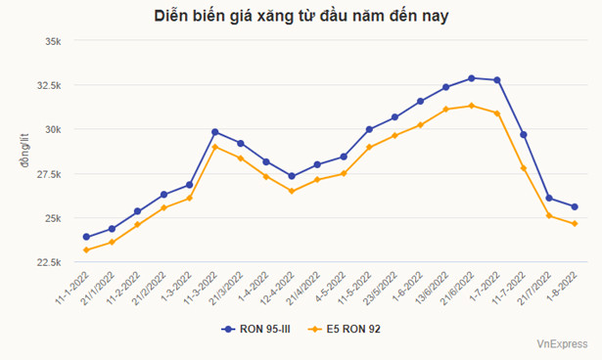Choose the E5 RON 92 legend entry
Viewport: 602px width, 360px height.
(344, 329)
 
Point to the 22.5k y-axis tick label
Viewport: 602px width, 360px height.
(48, 262)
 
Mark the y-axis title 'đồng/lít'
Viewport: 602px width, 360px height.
(23, 152)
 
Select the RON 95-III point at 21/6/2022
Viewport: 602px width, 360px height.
(472, 78)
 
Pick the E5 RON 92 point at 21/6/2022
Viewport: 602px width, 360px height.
(472, 106)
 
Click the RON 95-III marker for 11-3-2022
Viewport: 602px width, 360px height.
(215, 132)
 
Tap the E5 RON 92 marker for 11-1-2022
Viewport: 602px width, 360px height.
(86, 249)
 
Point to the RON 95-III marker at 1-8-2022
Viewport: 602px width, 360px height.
(575, 206)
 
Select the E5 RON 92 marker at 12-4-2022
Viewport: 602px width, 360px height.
(292, 191)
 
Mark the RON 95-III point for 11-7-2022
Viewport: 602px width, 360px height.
(524, 134)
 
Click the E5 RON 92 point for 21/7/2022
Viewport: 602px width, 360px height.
(549, 215)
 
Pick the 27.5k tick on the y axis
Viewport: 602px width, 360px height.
(48, 174)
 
